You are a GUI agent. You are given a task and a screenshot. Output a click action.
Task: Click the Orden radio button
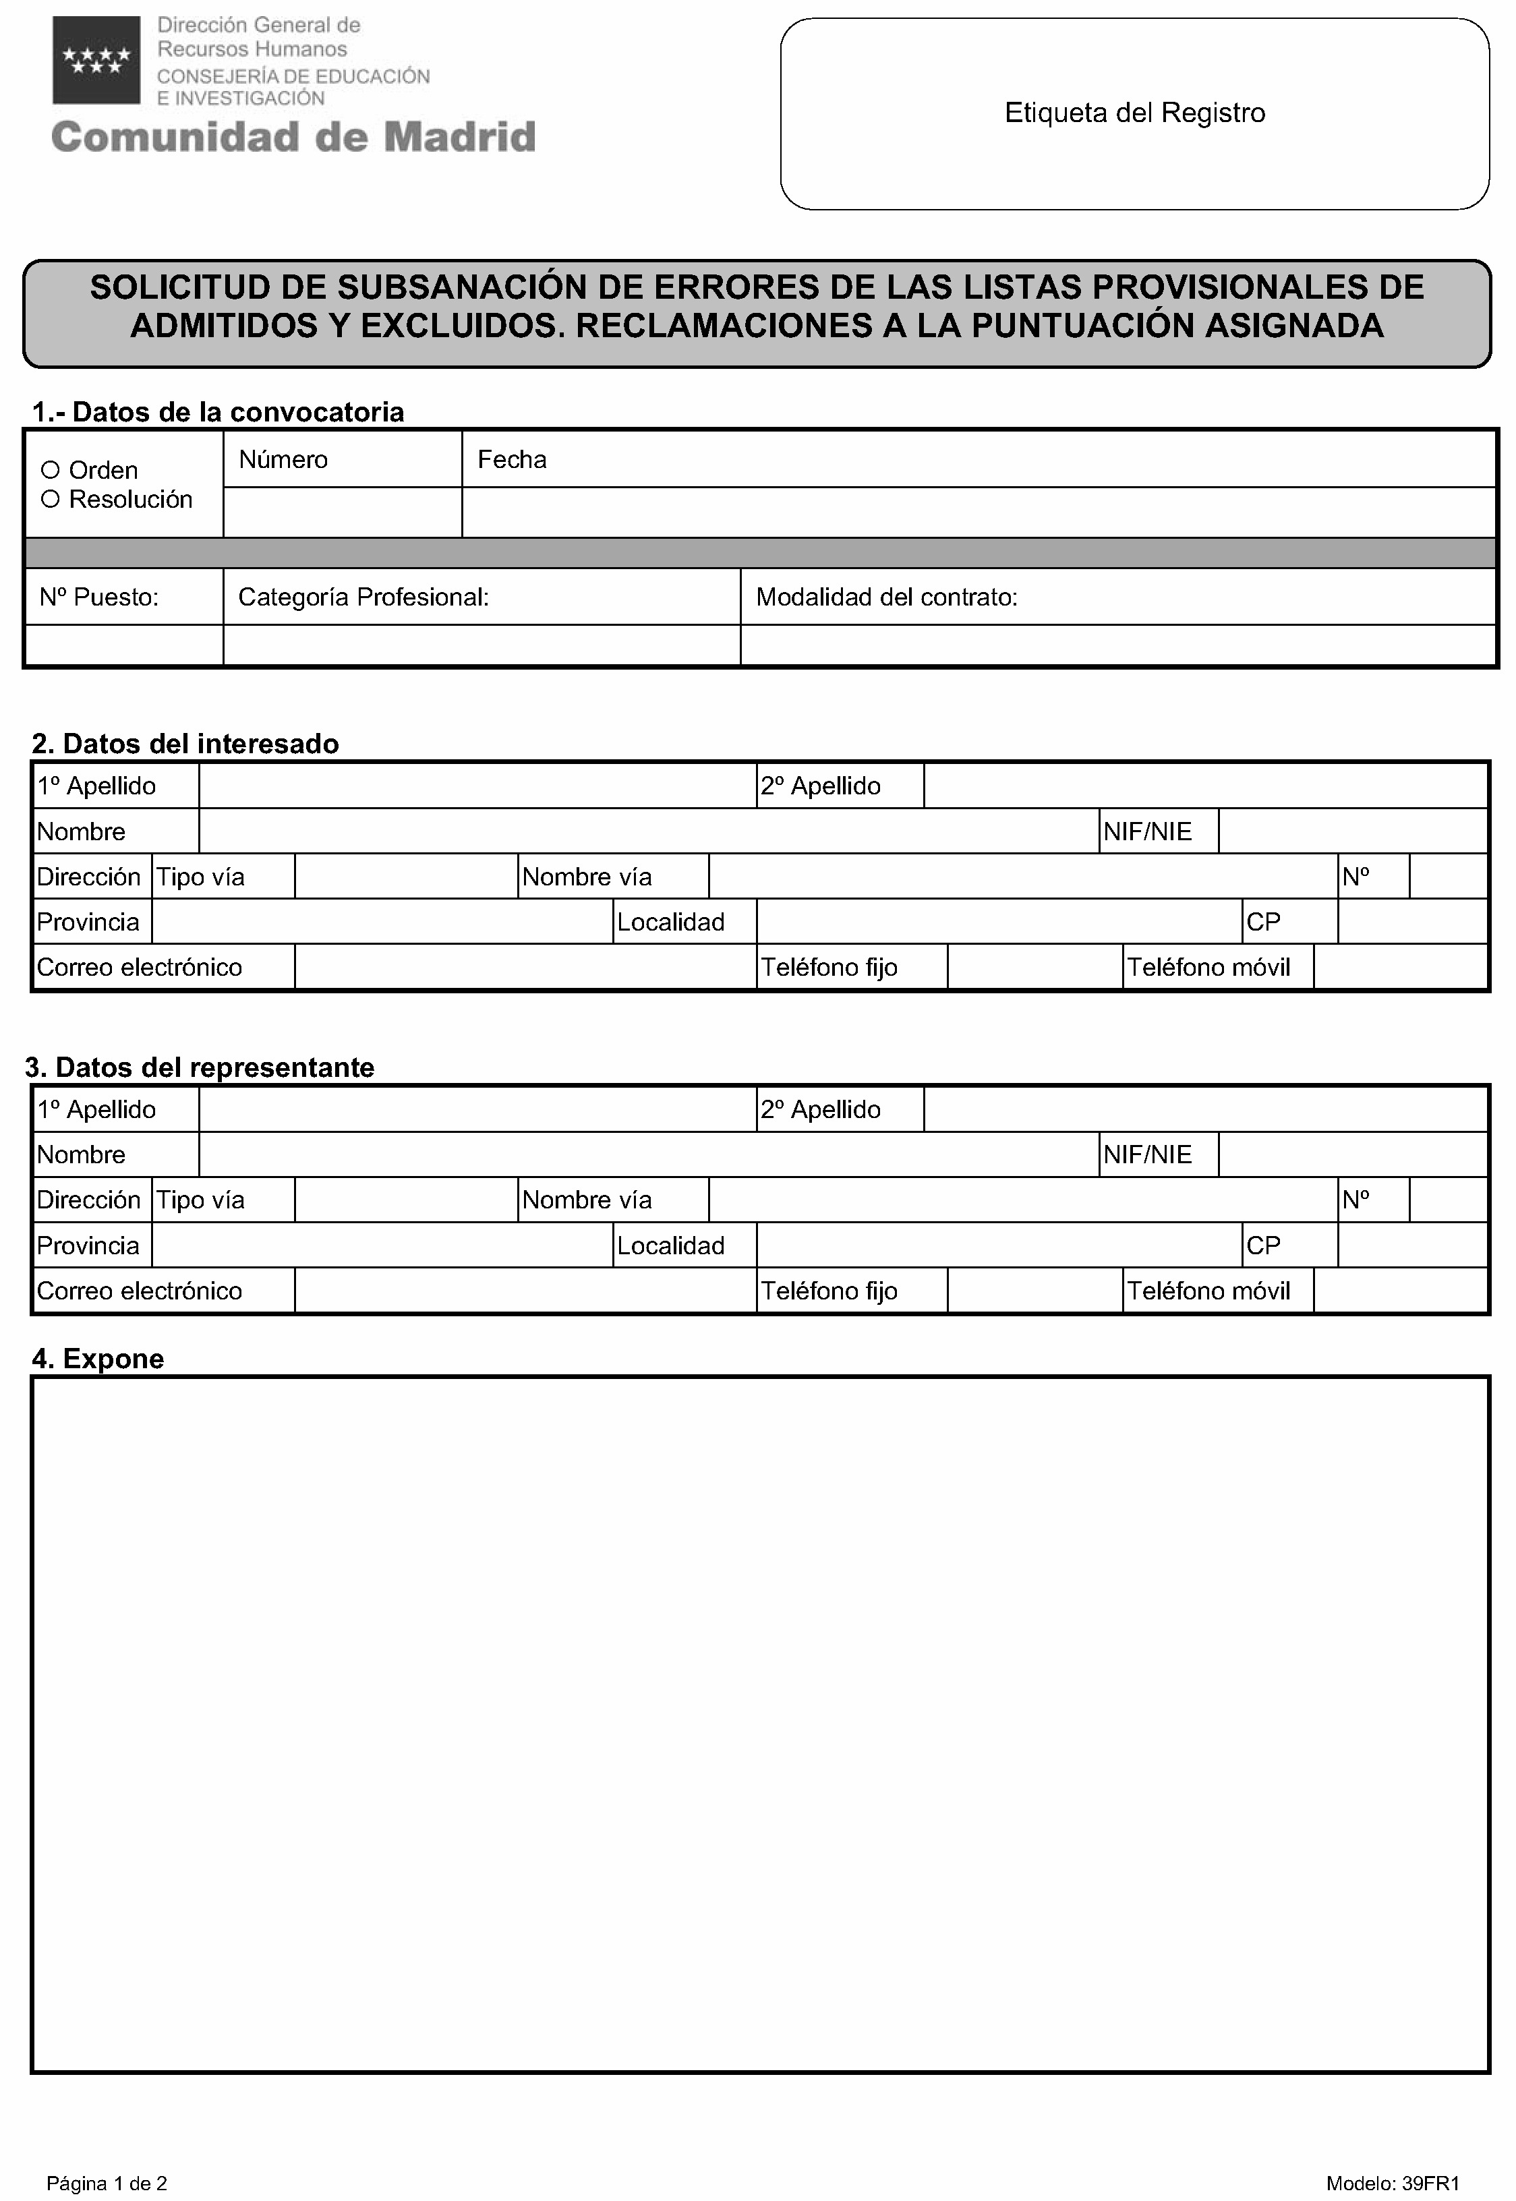pos(51,470)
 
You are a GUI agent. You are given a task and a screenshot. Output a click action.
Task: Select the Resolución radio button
pos(51,500)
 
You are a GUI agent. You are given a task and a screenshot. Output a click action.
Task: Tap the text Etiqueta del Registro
pos(1134,113)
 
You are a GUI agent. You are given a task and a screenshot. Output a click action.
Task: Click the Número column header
pos(283,460)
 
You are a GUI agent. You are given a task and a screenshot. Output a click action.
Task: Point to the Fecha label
pos(512,460)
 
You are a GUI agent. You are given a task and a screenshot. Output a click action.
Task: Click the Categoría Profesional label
pos(363,597)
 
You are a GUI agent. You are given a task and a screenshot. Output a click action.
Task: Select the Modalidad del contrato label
pos(886,597)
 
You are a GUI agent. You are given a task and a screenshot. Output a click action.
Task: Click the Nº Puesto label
pos(98,597)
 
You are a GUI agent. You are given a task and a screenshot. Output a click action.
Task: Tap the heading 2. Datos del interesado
pos(185,744)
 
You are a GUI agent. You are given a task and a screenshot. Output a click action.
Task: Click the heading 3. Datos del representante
pos(200,1067)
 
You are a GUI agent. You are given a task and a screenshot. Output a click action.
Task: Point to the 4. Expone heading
pos(98,1359)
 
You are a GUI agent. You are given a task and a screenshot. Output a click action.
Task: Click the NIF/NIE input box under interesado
pos(1351,832)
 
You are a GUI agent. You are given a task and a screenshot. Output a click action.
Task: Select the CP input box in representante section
pos(1411,1245)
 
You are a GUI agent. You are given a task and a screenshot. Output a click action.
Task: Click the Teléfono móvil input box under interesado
pos(1400,968)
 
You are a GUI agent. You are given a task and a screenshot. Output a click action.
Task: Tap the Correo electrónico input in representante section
pos(525,1291)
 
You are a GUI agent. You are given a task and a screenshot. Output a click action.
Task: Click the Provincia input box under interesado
pos(382,922)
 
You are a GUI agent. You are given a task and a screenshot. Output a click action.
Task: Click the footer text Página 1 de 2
pos(107,2183)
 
